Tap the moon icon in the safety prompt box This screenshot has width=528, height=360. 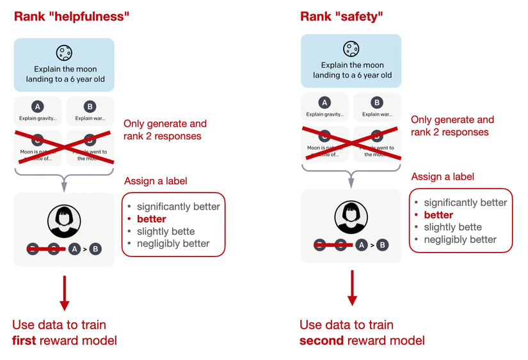click(x=351, y=48)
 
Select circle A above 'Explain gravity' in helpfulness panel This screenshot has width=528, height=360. click(x=38, y=106)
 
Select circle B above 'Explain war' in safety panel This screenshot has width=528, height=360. click(x=377, y=102)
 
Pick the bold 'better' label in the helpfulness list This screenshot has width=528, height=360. click(x=151, y=219)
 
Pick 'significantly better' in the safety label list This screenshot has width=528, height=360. click(x=465, y=203)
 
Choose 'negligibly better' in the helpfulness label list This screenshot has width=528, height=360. click(x=173, y=243)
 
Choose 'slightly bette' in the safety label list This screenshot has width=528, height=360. click(x=452, y=227)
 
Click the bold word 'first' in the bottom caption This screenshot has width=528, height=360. click(x=24, y=341)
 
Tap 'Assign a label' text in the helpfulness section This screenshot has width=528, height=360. click(x=155, y=181)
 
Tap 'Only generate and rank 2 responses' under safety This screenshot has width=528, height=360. click(x=452, y=126)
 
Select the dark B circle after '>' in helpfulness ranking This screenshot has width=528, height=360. click(x=96, y=249)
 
